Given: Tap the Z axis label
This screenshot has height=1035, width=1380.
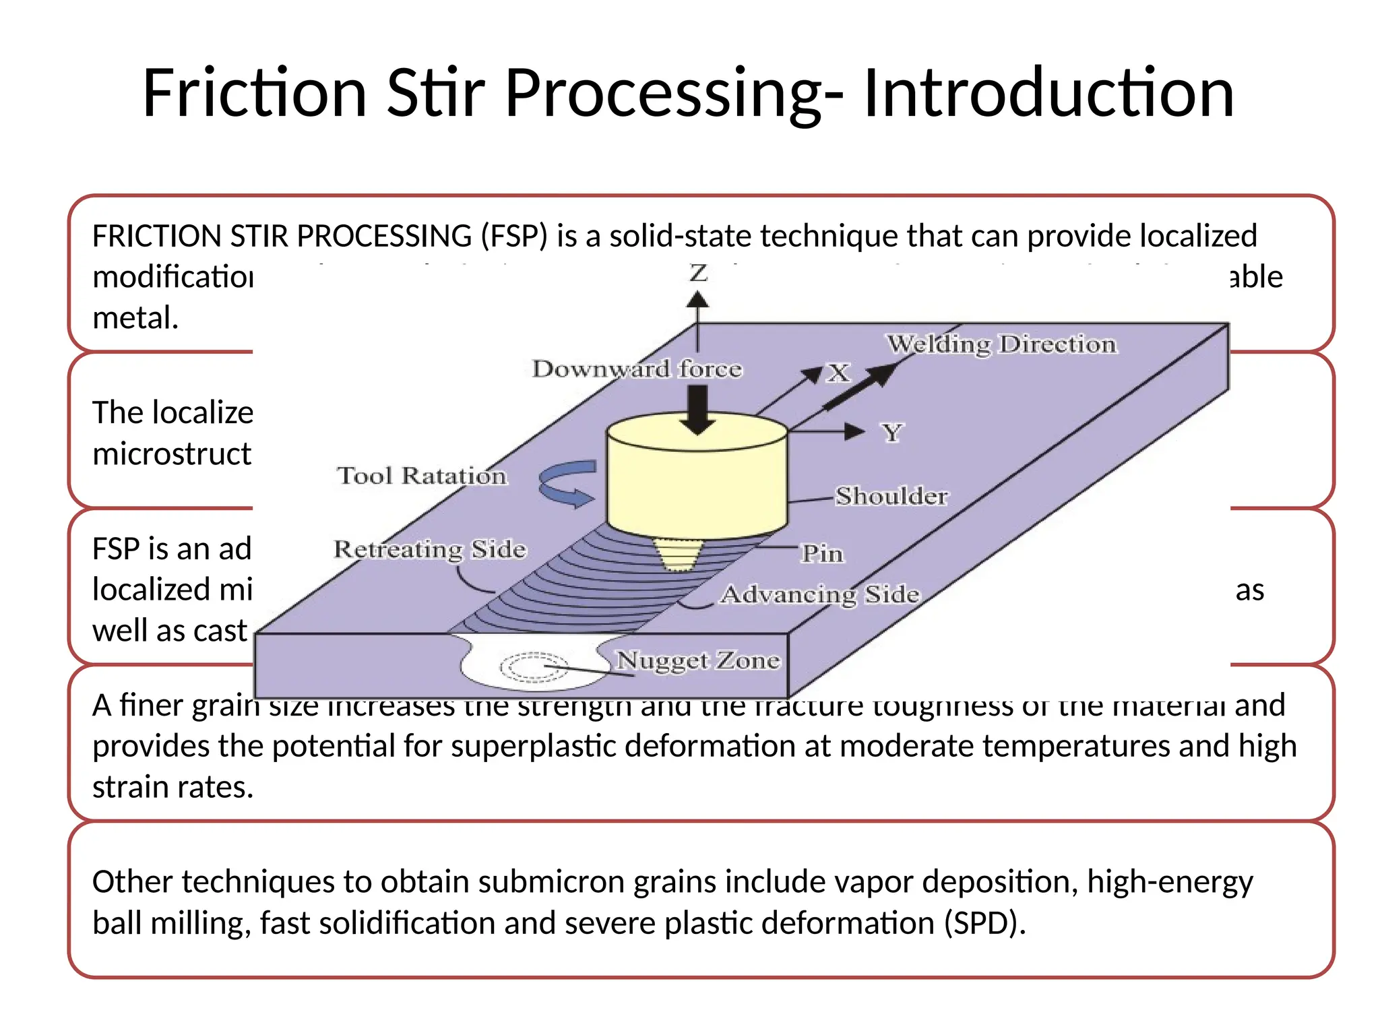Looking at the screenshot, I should click(x=698, y=273).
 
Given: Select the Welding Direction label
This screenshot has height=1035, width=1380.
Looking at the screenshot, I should click(x=1001, y=344).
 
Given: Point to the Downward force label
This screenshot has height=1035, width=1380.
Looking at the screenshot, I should click(x=637, y=369).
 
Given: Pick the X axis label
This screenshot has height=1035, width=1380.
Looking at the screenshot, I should click(x=839, y=373).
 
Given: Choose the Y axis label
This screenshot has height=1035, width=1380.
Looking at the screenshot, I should click(x=892, y=433).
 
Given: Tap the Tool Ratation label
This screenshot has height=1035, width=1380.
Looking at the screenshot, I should click(x=422, y=476).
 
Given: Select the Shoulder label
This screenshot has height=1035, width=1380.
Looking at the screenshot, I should click(x=891, y=496).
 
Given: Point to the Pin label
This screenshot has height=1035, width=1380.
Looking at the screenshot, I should click(x=822, y=553).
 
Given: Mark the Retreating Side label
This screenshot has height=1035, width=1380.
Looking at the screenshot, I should click(x=429, y=549).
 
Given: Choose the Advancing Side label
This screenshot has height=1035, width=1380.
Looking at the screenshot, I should click(x=820, y=594).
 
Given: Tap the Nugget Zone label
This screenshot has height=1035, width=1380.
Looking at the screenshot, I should click(x=698, y=660).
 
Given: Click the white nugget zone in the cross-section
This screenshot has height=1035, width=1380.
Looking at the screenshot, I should click(x=532, y=667).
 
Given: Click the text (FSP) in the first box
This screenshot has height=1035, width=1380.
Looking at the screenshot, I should click(x=514, y=237).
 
